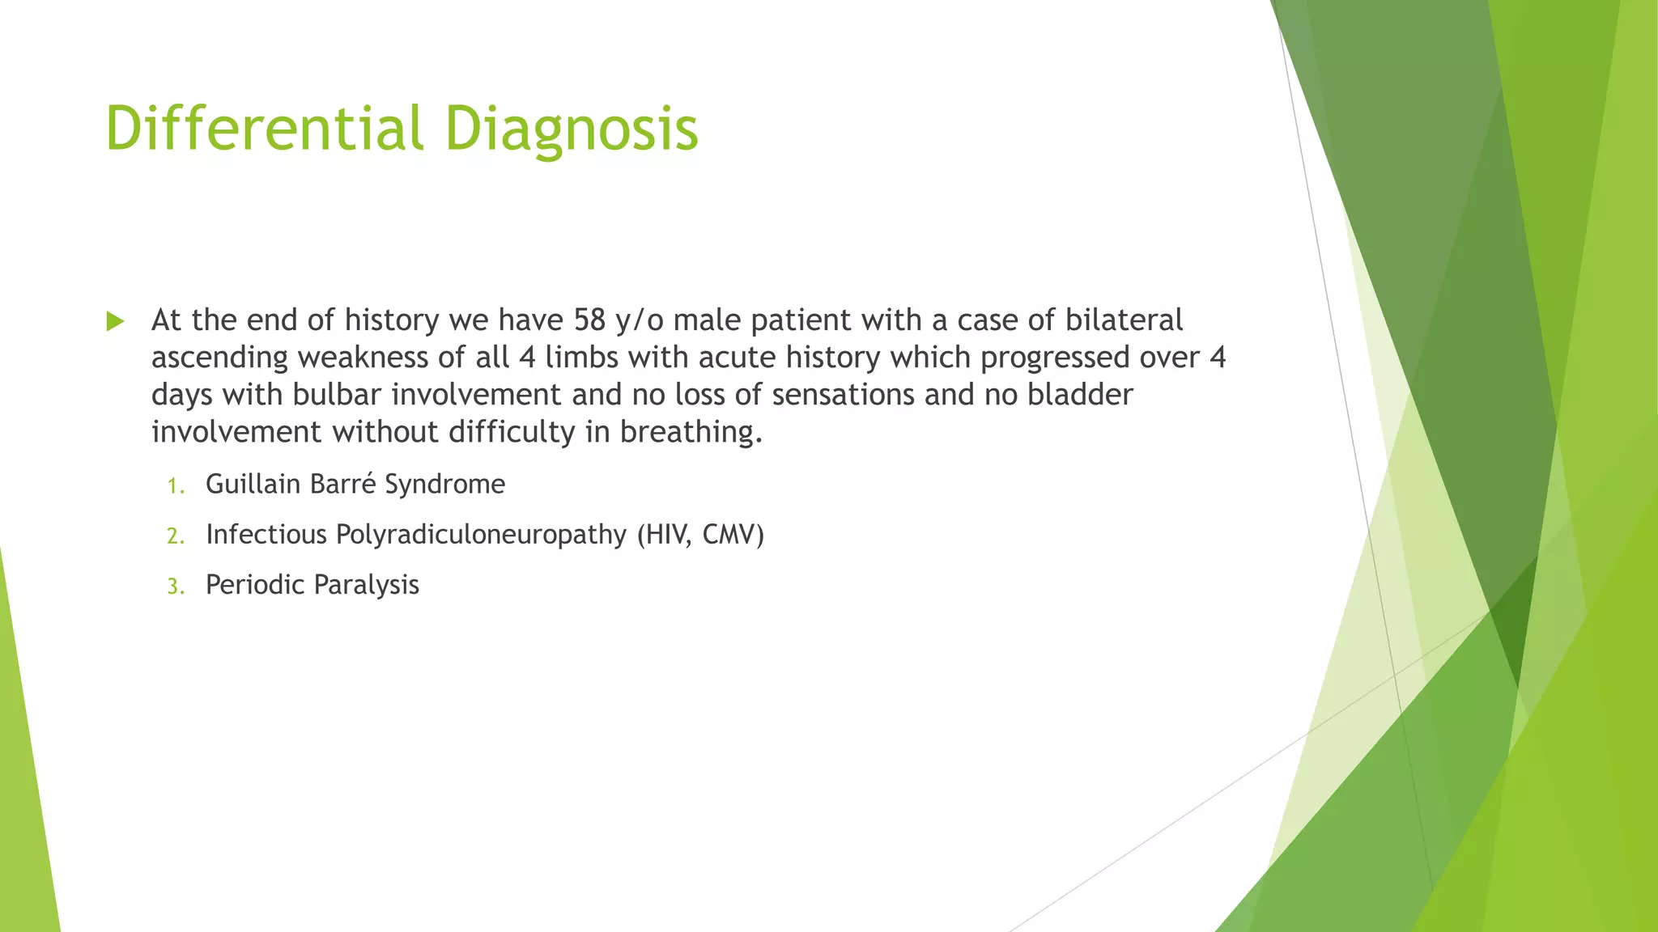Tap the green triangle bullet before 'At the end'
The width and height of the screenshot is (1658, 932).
pyautogui.click(x=115, y=322)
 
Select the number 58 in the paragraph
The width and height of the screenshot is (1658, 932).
pyautogui.click(x=590, y=320)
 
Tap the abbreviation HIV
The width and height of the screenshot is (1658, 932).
pyautogui.click(x=665, y=535)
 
